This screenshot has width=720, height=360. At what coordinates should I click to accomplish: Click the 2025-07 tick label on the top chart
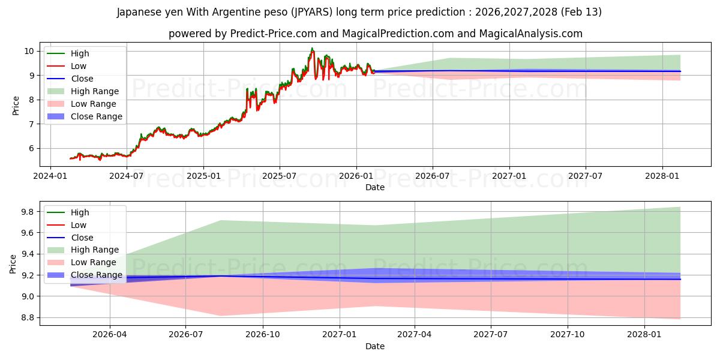280,176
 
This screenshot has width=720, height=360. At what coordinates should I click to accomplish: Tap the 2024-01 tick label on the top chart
50,176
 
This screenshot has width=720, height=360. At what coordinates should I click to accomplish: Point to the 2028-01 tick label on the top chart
662,176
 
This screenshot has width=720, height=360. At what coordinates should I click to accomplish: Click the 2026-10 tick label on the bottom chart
263,335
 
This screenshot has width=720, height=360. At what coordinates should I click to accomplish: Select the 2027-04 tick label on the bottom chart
415,335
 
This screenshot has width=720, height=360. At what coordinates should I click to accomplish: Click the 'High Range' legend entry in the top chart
95,91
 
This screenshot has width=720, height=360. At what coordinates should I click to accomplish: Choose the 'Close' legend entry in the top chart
82,79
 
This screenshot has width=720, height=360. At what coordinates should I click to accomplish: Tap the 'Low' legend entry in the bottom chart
79,225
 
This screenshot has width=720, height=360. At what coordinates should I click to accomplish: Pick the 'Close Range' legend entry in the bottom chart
97,275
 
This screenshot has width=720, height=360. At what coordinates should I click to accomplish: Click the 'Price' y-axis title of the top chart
16,106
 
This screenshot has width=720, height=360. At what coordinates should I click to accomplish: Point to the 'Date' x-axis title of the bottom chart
375,346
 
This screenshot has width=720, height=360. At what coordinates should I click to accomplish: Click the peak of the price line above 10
312,49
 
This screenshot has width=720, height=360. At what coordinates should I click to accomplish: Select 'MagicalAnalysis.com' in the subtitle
530,34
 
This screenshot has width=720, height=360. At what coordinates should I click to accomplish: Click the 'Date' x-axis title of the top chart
375,187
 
